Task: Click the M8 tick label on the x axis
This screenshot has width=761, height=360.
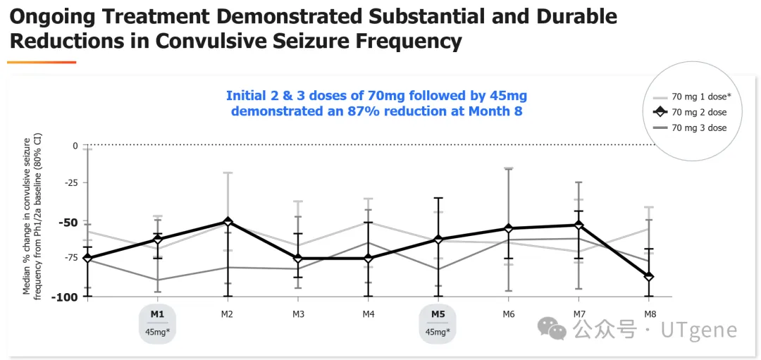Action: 649,314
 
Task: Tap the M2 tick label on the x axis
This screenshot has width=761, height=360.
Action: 227,314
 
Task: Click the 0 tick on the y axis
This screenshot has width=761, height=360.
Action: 75,145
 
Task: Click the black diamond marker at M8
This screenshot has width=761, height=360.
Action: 649,276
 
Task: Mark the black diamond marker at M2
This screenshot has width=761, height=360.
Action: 227,222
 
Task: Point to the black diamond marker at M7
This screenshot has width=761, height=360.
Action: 579,225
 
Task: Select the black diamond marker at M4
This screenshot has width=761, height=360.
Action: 368,258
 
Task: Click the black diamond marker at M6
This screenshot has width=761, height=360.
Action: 508,228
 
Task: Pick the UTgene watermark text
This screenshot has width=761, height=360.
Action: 698,330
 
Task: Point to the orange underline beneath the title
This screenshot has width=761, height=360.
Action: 42,63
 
